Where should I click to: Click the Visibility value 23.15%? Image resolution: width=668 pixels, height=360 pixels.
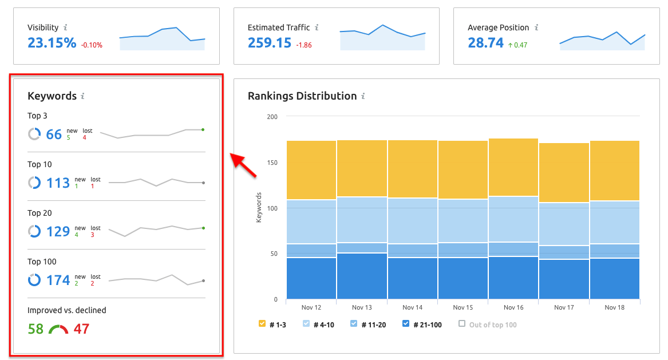(x=52, y=43)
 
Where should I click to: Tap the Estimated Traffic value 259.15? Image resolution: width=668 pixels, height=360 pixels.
(x=270, y=43)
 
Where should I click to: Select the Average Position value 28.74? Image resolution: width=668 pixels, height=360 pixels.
(x=485, y=43)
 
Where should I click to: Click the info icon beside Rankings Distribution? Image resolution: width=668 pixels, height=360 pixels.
(x=363, y=96)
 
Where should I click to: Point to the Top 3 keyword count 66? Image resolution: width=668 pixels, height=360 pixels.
(x=54, y=134)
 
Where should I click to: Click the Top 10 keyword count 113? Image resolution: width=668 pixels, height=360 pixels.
(x=58, y=183)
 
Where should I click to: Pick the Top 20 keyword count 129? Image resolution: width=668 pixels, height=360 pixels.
(x=58, y=231)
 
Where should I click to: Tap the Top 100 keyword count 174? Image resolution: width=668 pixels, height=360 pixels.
(x=58, y=280)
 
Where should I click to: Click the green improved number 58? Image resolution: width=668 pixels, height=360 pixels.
(x=35, y=329)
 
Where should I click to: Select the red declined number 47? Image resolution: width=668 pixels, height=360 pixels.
(x=81, y=329)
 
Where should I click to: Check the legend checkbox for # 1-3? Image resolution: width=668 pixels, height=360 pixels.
(x=262, y=324)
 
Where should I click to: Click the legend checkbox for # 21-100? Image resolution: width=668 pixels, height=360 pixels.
(x=406, y=324)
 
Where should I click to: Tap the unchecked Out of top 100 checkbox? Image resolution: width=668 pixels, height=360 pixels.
(x=462, y=324)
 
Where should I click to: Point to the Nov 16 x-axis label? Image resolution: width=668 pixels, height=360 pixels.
(x=513, y=308)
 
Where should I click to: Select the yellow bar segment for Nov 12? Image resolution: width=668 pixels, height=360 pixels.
(x=311, y=170)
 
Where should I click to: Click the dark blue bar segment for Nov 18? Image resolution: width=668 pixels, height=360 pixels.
(x=614, y=278)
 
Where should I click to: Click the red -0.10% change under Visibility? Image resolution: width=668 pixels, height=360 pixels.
(x=92, y=45)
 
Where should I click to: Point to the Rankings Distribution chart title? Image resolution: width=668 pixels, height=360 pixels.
(x=302, y=96)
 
